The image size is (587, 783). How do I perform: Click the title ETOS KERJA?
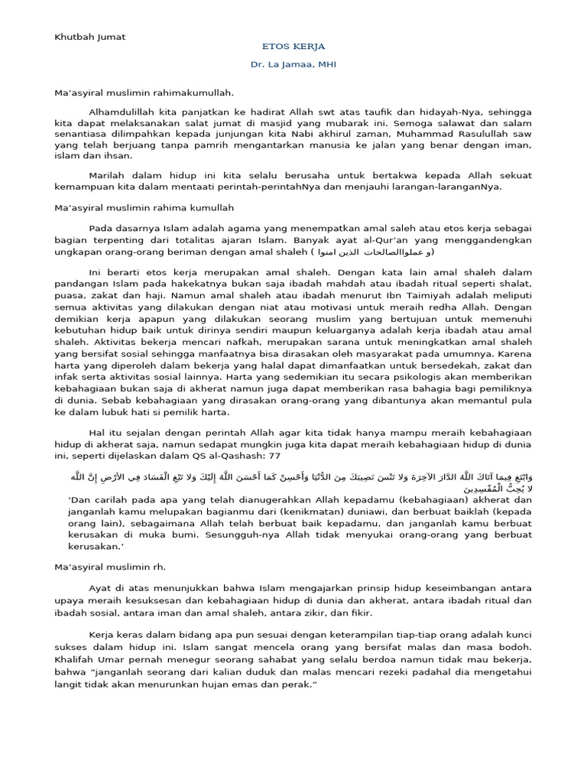tap(293, 46)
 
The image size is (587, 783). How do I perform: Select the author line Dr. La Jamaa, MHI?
tap(293, 64)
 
